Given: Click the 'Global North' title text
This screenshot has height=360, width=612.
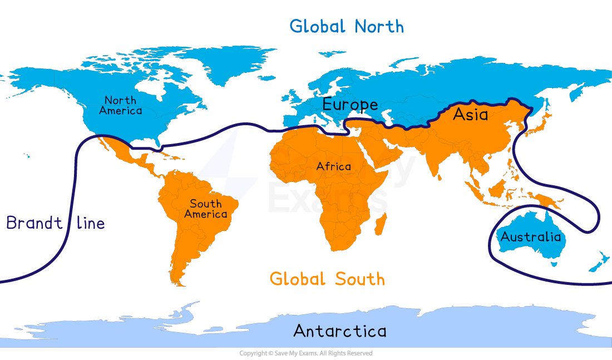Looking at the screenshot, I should tap(347, 26).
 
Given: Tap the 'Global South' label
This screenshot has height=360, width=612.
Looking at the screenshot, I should tap(327, 278).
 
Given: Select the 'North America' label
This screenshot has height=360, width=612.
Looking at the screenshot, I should tap(120, 105).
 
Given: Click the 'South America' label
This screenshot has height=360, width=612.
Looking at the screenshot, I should tap(206, 209).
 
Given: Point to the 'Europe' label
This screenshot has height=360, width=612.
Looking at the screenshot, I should tap(350, 105).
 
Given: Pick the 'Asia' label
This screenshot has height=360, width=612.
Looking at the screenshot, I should tap(470, 115).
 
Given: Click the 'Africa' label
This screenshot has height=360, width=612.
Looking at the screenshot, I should tap(333, 166).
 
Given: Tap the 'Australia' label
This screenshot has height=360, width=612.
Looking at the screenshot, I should tap(530, 237).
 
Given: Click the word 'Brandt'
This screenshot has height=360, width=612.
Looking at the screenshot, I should tap(34, 224).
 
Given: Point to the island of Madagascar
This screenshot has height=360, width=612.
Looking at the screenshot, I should tap(381, 225).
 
